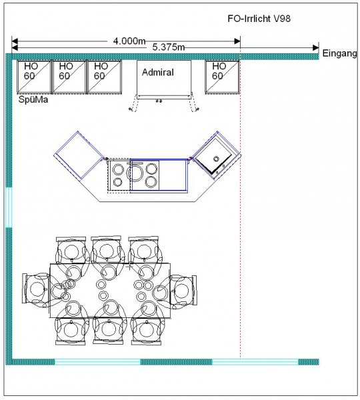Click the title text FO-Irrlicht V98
[259, 19]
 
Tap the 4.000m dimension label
[129, 41]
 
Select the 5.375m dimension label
[169, 47]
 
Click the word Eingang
[339, 53]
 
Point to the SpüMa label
[33, 99]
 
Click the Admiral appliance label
[158, 73]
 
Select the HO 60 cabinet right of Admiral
[222, 77]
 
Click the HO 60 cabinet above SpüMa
[34, 77]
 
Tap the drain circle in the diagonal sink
[217, 159]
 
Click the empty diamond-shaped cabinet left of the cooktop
[79, 155]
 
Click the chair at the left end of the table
[36, 289]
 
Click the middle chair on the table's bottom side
[109, 330]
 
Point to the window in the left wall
[9, 207]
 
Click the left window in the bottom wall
[97, 361]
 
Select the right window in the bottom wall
[255, 361]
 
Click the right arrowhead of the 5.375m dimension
[316, 48]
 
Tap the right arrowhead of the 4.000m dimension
[237, 41]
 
